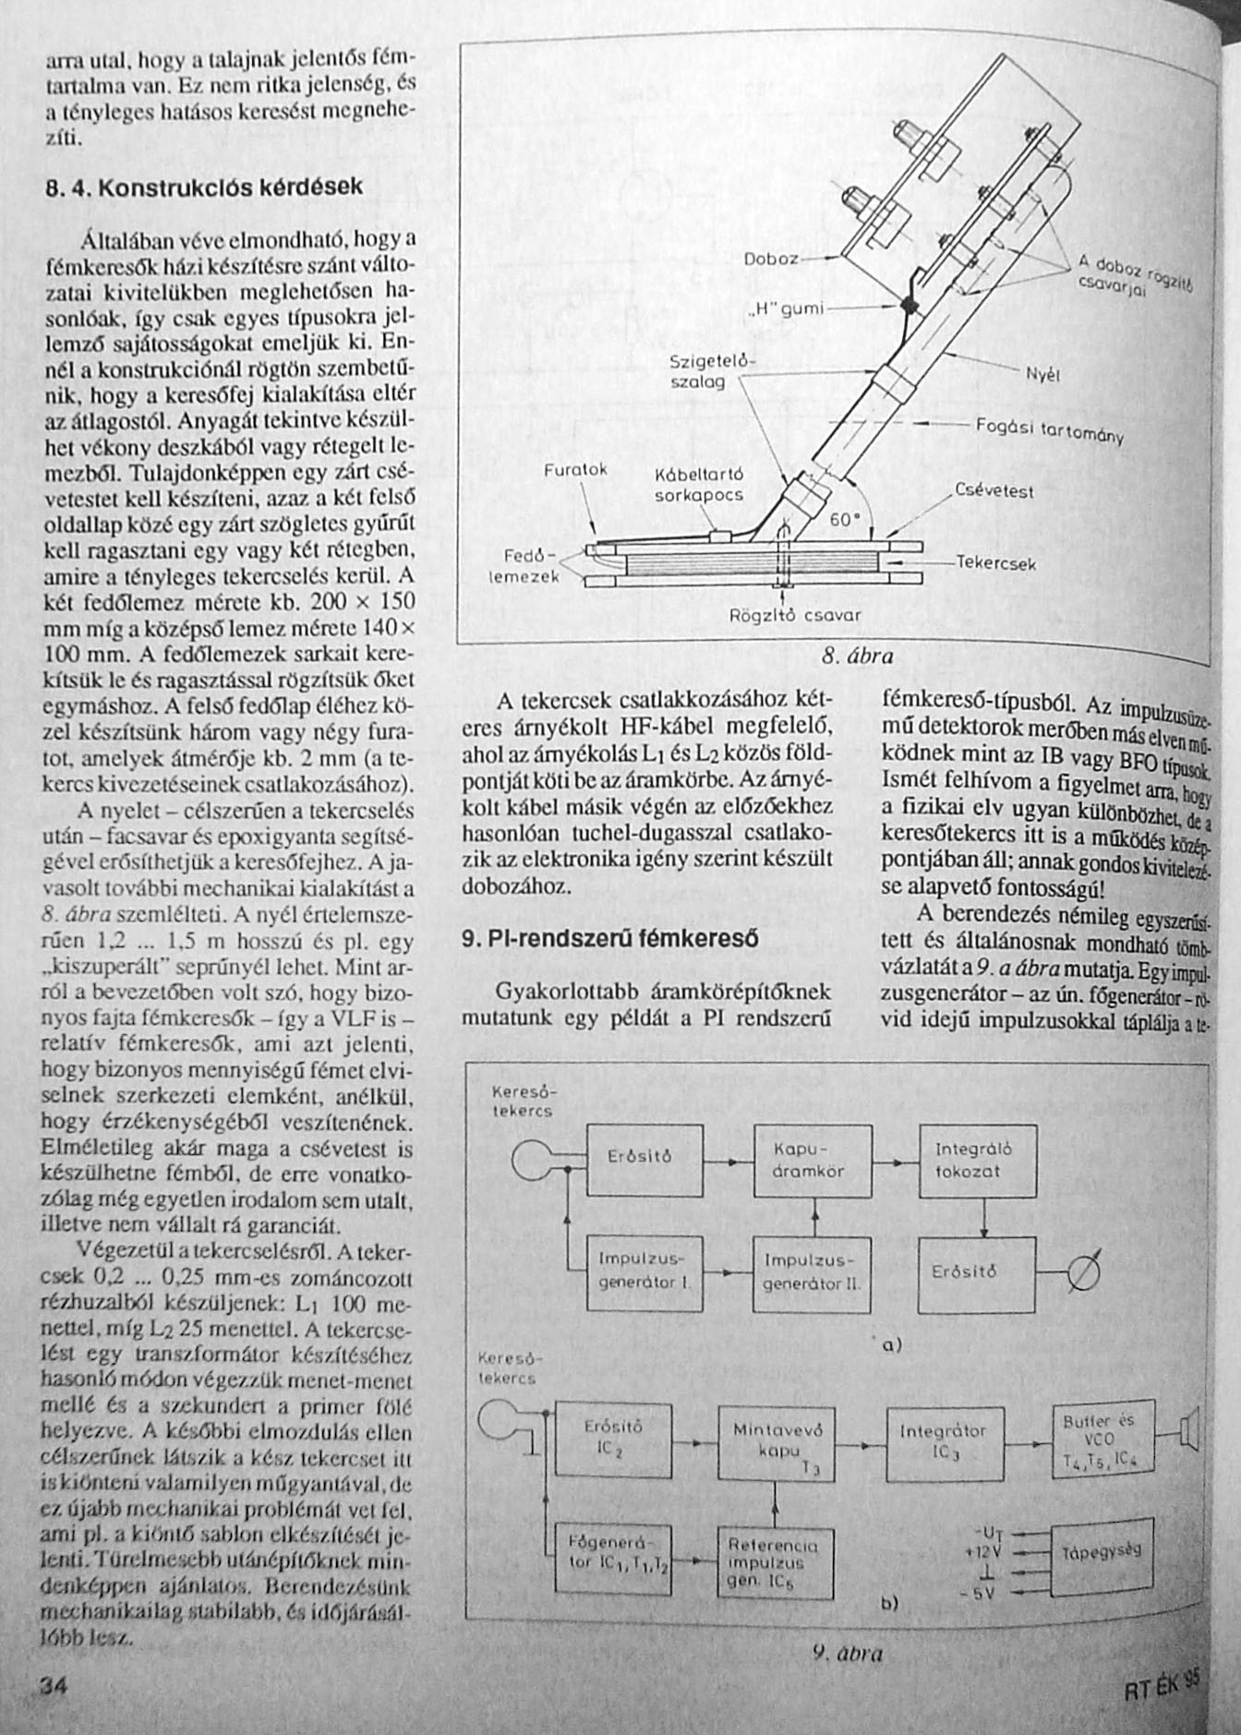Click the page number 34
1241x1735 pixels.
tap(54, 1683)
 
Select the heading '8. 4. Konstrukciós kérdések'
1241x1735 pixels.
tap(204, 187)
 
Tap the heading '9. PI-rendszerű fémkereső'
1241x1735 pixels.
tap(609, 939)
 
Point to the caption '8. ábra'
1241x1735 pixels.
tap(857, 657)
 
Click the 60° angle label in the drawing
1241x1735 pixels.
tap(845, 520)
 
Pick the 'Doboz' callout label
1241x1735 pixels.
tap(770, 259)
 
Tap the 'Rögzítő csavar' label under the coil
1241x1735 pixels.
tap(795, 615)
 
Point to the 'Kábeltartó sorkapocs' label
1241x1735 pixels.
tap(699, 485)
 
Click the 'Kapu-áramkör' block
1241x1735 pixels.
tap(813, 1162)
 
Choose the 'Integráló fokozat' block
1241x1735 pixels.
tap(977, 1162)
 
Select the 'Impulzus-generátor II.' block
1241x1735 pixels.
tap(813, 1274)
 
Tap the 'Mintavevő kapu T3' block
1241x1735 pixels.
tap(777, 1449)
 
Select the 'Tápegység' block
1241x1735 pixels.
tap(1100, 1553)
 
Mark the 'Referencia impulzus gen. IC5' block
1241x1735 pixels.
tap(775, 1563)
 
